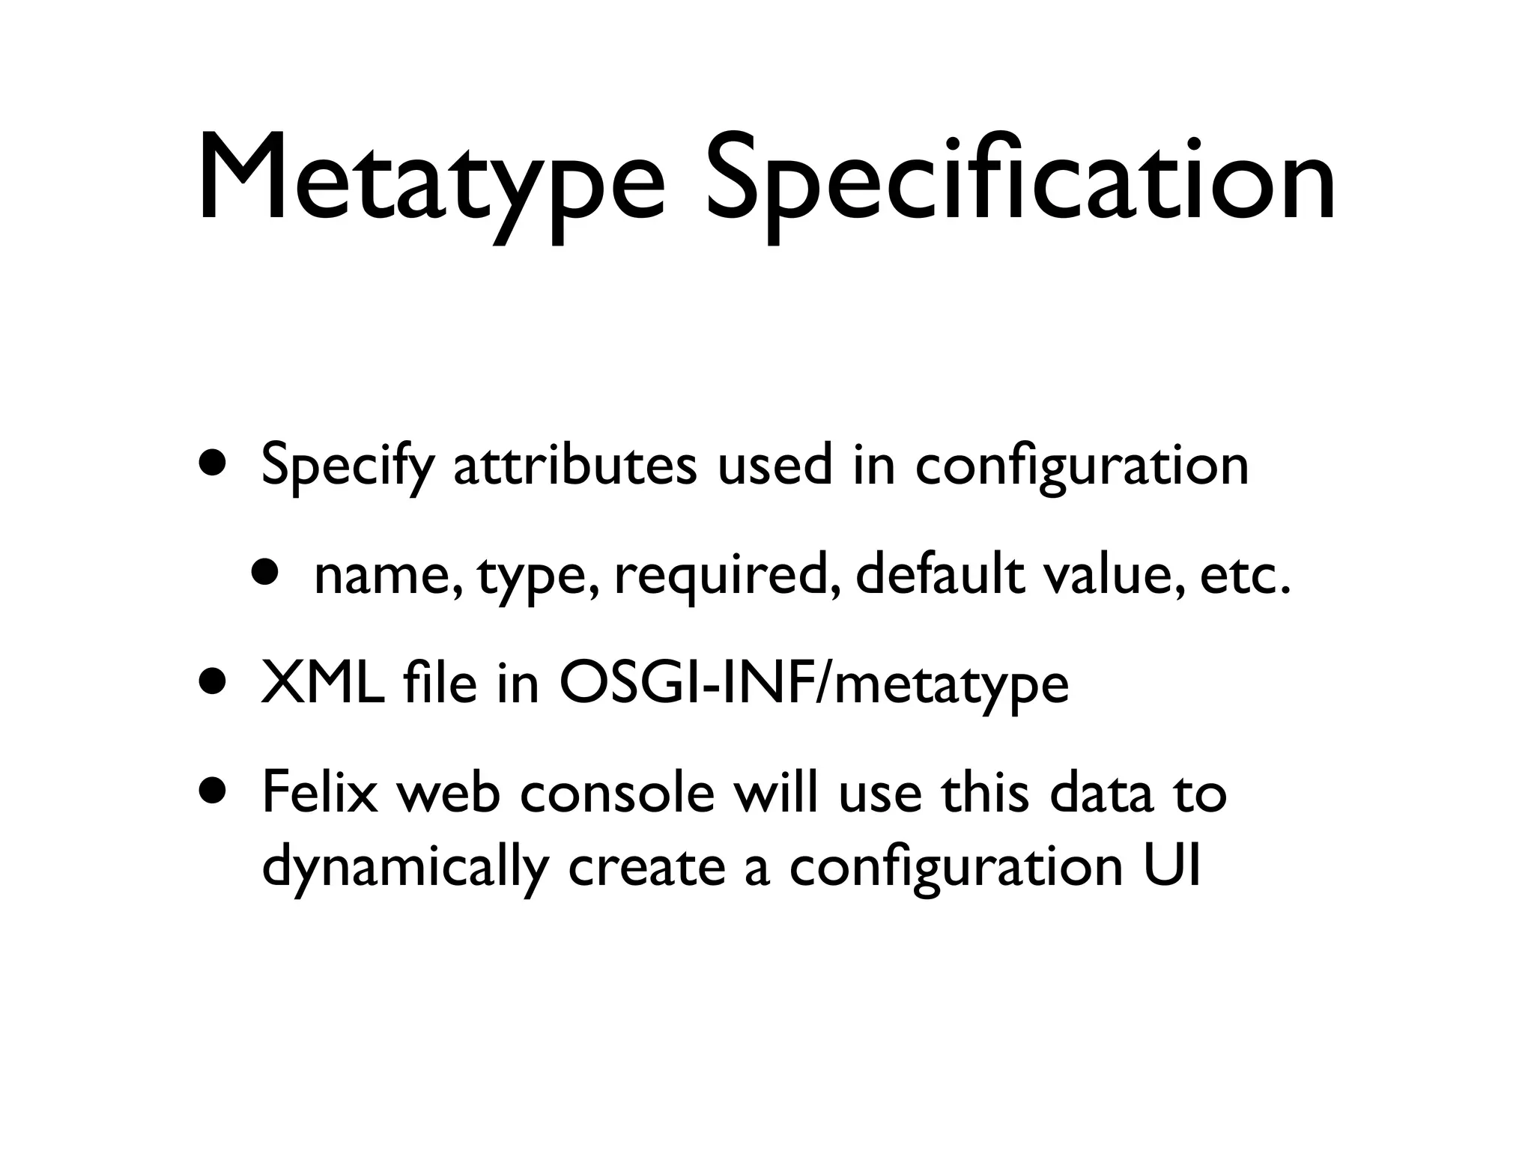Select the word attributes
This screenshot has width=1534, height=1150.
point(575,466)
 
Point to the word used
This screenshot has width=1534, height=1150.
point(774,466)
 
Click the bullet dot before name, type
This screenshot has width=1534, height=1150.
point(267,572)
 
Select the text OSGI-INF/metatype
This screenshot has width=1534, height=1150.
point(813,686)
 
